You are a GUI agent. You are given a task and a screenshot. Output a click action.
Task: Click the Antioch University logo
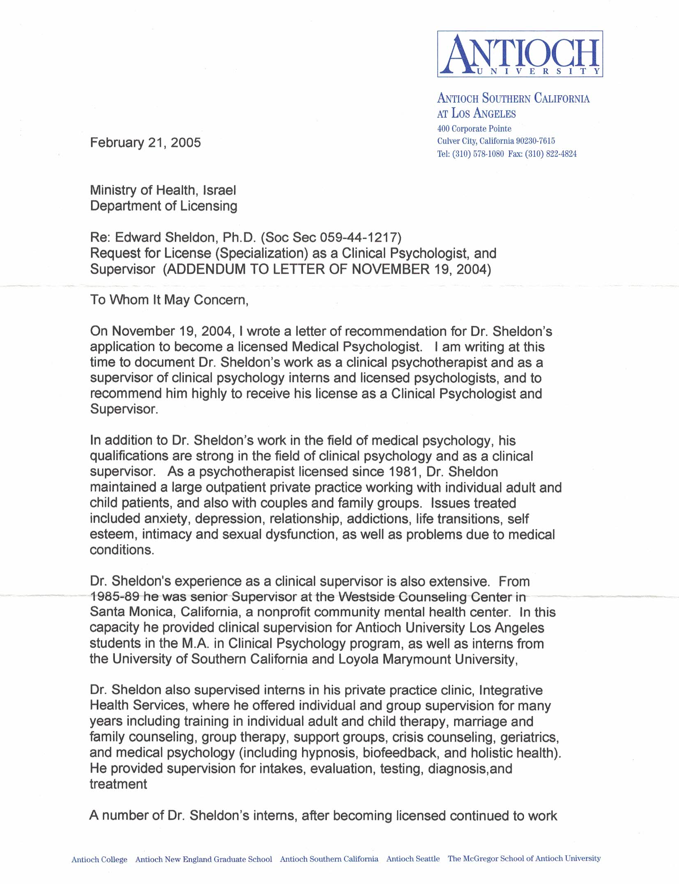click(520, 54)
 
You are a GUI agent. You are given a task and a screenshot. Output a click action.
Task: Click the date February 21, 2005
click(145, 142)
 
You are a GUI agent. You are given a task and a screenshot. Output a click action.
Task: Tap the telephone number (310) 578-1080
click(478, 154)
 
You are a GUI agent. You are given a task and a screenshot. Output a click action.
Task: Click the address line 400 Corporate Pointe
click(474, 129)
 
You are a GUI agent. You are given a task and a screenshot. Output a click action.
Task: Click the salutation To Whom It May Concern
click(169, 300)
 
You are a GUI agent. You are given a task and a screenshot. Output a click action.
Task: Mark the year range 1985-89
click(115, 597)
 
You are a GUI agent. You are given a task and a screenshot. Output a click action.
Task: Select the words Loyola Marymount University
click(427, 659)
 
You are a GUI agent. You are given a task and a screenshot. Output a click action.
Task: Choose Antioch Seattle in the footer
click(413, 859)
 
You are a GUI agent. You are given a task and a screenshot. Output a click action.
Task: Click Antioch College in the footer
click(99, 859)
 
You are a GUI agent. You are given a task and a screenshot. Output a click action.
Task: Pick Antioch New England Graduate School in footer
click(204, 859)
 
